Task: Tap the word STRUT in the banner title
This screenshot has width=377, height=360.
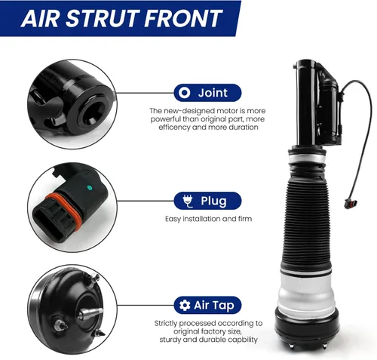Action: click(102, 18)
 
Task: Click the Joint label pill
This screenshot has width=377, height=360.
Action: click(207, 93)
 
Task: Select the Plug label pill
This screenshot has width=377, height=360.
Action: click(207, 201)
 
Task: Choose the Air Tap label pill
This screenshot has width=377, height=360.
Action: click(207, 305)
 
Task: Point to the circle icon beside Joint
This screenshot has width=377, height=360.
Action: click(185, 93)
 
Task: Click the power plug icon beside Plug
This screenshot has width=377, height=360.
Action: click(188, 201)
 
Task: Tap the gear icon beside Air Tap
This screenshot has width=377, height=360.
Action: click(185, 306)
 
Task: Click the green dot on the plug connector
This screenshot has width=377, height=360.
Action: click(89, 187)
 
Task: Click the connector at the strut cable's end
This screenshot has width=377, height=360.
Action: click(351, 203)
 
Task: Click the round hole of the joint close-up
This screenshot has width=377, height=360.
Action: click(93, 114)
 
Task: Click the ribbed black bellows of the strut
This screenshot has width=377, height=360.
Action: click(307, 221)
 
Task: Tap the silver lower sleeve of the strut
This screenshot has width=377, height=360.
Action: click(307, 292)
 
